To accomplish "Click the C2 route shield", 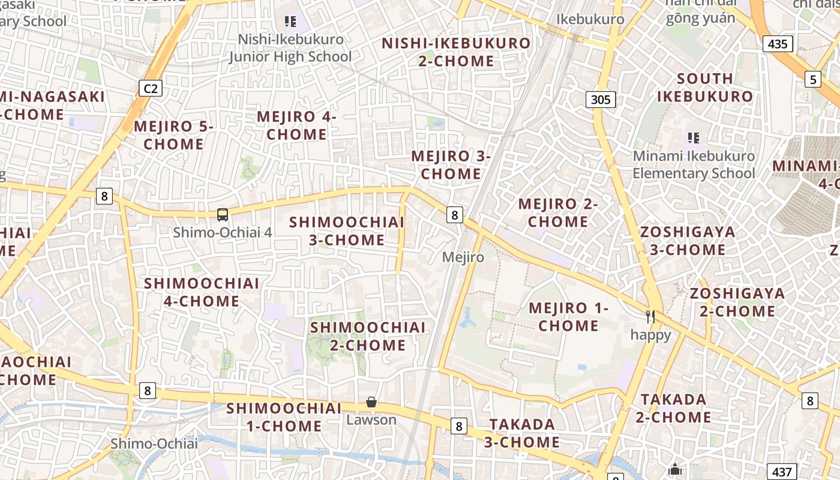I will pyautogui.click(x=150, y=89).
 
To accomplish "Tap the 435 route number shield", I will pyautogui.click(x=778, y=43).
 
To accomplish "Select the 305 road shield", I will pyautogui.click(x=601, y=99).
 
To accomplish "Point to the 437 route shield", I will pyautogui.click(x=782, y=472).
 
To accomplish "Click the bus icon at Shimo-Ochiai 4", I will pyautogui.click(x=223, y=214).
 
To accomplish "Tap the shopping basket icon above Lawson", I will pyautogui.click(x=371, y=402).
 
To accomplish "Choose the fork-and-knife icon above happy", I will pyautogui.click(x=650, y=316).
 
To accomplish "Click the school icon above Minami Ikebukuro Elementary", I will pyautogui.click(x=694, y=138).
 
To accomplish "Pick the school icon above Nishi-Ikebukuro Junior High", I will pyautogui.click(x=290, y=22).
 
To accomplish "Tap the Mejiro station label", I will pyautogui.click(x=463, y=257).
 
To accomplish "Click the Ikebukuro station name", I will pyautogui.click(x=590, y=19).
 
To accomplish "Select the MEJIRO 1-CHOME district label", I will pyautogui.click(x=568, y=317).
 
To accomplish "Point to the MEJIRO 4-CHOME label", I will pyautogui.click(x=296, y=125).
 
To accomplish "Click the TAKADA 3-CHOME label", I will pyautogui.click(x=522, y=433).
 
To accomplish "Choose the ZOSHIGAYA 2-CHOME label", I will pyautogui.click(x=737, y=302).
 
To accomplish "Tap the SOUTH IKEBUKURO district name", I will pyautogui.click(x=704, y=87).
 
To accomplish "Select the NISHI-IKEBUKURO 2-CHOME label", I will pyautogui.click(x=456, y=52).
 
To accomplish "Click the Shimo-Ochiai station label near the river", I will pyautogui.click(x=154, y=444).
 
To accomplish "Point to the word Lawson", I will pyautogui.click(x=371, y=419).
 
